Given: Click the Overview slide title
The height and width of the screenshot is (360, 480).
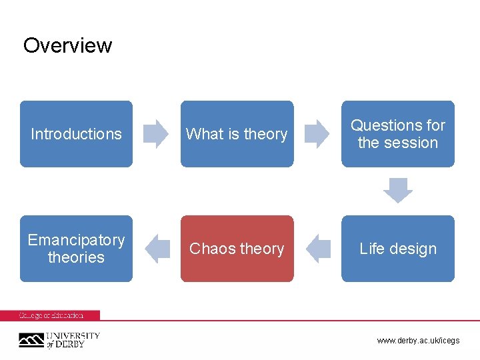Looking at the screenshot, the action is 67,45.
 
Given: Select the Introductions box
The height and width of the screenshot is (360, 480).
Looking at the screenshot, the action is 76,134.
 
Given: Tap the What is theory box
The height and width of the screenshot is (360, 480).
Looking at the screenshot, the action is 237,134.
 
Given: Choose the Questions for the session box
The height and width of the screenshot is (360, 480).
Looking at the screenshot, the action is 398,134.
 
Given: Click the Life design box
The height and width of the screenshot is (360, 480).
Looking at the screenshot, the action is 398,249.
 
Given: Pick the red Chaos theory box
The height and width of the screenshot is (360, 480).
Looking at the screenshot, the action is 237,249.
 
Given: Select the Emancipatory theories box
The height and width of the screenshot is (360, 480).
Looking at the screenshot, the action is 76,249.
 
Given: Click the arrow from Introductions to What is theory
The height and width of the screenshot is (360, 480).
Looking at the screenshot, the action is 157,134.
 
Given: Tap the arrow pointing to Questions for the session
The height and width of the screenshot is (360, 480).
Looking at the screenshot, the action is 317,134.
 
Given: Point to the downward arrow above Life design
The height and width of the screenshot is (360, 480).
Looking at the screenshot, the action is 398,191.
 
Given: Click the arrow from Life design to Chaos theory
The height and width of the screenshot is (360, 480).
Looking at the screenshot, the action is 318,249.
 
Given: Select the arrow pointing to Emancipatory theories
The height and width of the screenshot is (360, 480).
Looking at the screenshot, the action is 157,249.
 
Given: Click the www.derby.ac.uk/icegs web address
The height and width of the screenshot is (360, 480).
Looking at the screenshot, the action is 418,341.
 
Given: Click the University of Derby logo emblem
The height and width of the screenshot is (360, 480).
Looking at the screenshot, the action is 31,340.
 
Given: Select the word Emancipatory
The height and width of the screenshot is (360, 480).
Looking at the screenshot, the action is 76,240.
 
